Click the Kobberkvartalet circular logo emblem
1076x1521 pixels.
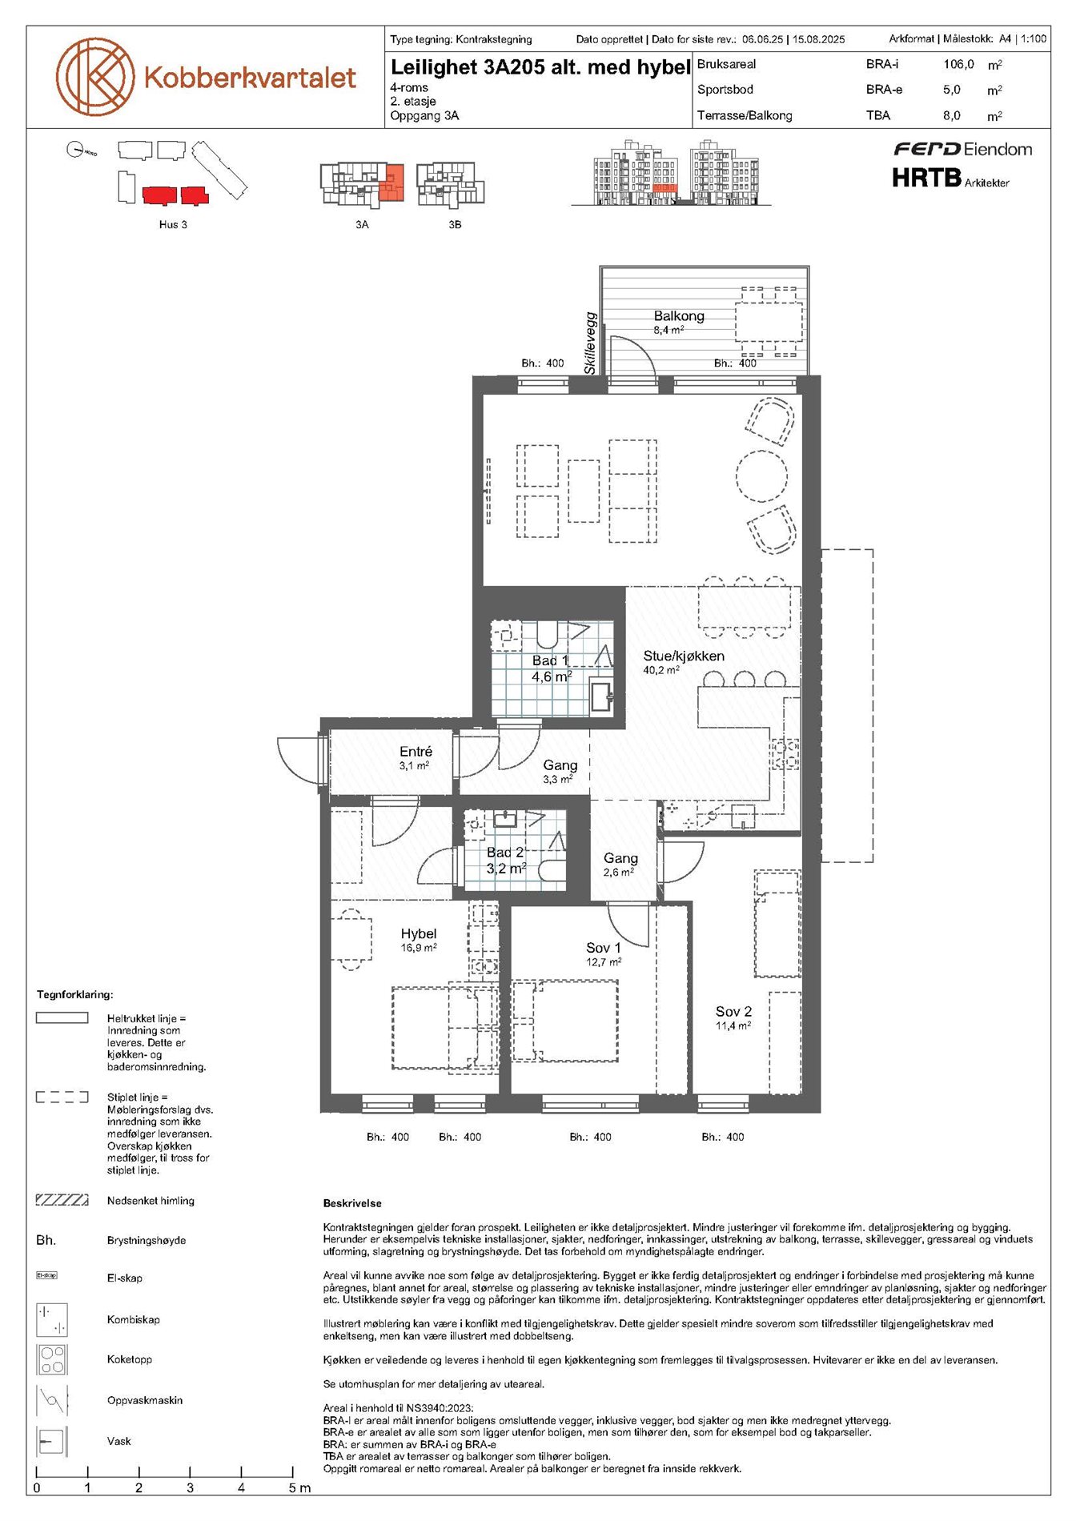pyautogui.click(x=94, y=77)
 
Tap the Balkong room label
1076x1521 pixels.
pyautogui.click(x=679, y=316)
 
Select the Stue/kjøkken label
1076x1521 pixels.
pyautogui.click(x=684, y=656)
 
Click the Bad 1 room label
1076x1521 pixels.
pyautogui.click(x=551, y=660)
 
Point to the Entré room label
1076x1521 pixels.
pyautogui.click(x=416, y=752)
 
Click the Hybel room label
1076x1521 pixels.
pyautogui.click(x=419, y=933)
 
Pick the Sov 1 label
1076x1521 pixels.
pyautogui.click(x=604, y=948)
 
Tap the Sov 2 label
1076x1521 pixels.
pyautogui.click(x=733, y=1012)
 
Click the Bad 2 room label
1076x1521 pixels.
pyautogui.click(x=505, y=853)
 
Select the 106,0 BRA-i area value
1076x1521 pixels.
pyautogui.click(x=958, y=64)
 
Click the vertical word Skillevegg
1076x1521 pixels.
pyautogui.click(x=591, y=343)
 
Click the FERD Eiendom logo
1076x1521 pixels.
pyautogui.click(x=963, y=149)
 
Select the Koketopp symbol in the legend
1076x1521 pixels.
pyautogui.click(x=52, y=1359)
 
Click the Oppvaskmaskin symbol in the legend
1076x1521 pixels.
pyautogui.click(x=52, y=1400)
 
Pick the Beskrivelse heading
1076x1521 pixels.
pyautogui.click(x=352, y=1203)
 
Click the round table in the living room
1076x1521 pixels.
pyautogui.click(x=763, y=476)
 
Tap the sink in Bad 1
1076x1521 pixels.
pyautogui.click(x=600, y=696)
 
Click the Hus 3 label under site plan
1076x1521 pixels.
pyautogui.click(x=173, y=225)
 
